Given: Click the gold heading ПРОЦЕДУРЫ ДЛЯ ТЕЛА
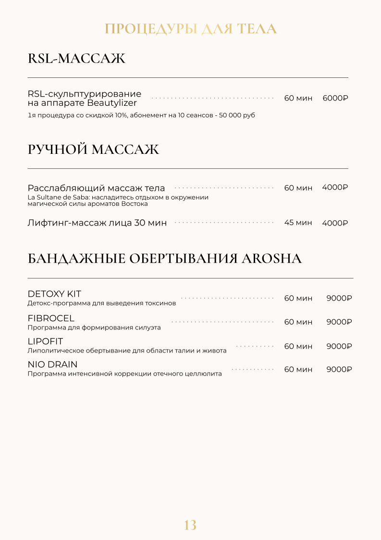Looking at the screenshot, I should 190,29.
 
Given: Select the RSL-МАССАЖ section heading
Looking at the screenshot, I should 76,59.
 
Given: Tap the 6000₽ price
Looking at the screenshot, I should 335,98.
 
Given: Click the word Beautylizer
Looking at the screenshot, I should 111,103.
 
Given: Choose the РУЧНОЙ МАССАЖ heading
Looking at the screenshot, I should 93,150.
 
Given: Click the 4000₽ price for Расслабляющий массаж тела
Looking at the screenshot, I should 335,188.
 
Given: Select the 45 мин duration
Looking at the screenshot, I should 298,223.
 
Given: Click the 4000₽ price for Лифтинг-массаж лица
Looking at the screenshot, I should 335,223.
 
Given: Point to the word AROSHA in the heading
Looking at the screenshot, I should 271,259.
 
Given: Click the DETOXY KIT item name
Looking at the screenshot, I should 54,294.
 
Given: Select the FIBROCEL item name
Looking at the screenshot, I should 51,318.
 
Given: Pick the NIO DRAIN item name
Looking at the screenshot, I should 52,364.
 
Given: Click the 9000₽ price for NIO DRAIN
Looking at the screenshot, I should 339,369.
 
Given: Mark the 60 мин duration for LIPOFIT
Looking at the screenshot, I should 298,346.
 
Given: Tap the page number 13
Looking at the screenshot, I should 190,525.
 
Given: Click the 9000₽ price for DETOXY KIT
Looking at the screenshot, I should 339,298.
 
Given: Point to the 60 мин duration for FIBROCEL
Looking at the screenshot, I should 298,322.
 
